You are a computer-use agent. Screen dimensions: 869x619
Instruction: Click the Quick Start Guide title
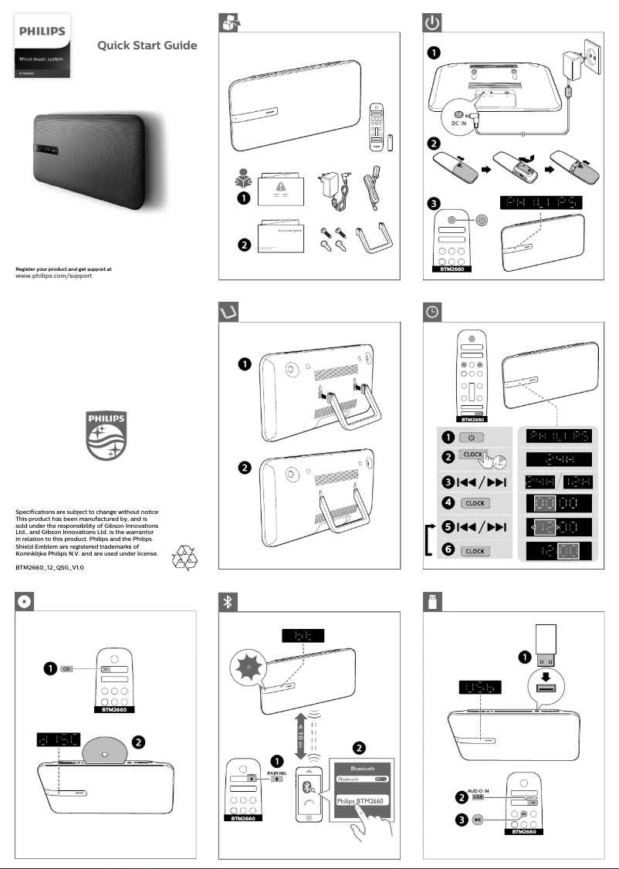pos(147,46)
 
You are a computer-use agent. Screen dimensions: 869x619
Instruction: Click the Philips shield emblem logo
pos(108,438)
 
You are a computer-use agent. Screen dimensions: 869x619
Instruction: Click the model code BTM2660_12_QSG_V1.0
pos(50,567)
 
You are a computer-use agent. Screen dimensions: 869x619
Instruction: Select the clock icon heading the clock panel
pos(434,311)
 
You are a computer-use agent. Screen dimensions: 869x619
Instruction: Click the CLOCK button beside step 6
pos(475,551)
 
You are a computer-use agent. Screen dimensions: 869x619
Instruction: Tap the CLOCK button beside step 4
pos(475,502)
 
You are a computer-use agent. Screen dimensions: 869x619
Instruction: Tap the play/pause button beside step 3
pos(478,819)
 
